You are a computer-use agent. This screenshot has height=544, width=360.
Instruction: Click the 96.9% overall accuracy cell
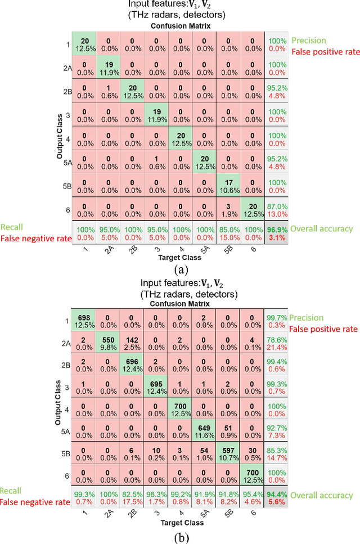pos(276,232)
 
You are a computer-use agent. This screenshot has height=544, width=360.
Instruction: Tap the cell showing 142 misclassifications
pos(132,345)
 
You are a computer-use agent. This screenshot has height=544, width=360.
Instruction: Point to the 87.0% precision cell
pos(276,210)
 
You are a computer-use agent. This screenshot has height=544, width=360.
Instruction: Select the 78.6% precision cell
pos(276,345)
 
